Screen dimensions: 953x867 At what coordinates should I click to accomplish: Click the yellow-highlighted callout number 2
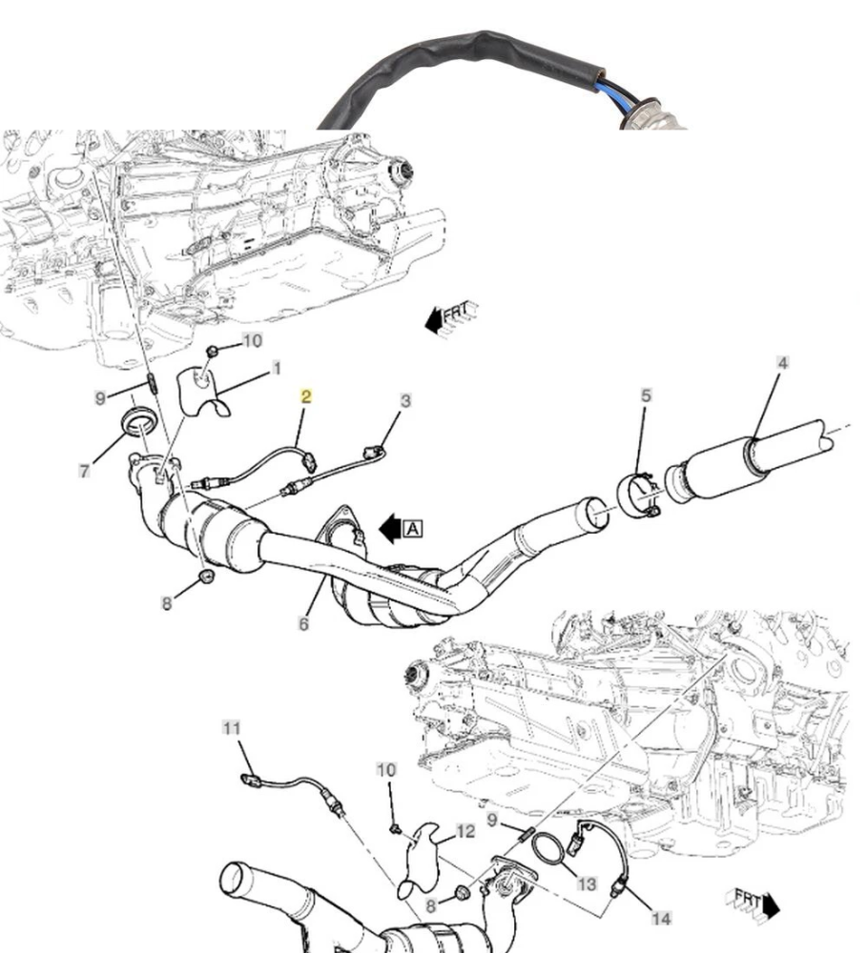point(306,395)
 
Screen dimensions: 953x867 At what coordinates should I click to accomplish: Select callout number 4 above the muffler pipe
point(782,363)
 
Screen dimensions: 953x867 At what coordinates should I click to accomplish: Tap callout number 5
point(645,394)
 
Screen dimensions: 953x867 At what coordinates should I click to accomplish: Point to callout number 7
point(85,470)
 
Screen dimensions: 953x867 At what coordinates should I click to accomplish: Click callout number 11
point(232,728)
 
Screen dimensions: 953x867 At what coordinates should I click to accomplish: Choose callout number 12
point(464,832)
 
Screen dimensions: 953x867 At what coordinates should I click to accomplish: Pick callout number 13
point(587,884)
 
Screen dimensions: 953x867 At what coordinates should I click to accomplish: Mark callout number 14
point(660,918)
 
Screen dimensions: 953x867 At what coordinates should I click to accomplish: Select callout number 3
point(405,401)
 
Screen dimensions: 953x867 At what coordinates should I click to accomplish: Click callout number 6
point(303,624)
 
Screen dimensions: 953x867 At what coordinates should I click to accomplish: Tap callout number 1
point(276,367)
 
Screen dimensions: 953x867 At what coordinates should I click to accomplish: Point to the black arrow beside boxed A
point(389,528)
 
